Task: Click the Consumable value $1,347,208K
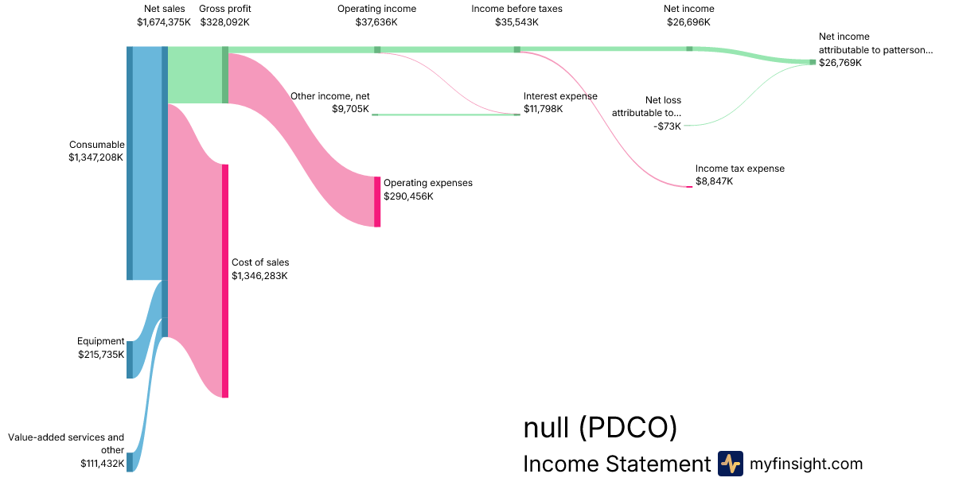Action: tap(96, 157)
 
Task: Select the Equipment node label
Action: tap(101, 341)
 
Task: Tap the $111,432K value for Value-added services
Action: tap(102, 463)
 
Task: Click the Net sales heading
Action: tap(164, 9)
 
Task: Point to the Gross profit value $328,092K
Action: tap(225, 22)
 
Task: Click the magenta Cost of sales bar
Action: tap(225, 280)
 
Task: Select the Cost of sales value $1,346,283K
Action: tap(259, 275)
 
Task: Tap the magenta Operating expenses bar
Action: tap(377, 201)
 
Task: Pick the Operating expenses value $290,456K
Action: tap(408, 196)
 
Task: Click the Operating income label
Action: tap(376, 9)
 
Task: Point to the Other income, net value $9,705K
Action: tap(350, 109)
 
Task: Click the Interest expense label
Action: tap(560, 96)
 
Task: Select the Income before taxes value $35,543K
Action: tap(516, 22)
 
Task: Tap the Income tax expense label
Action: tap(740, 169)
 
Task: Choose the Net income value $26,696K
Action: tap(689, 22)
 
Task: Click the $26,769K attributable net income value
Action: tap(840, 62)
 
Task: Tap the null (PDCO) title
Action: tap(600, 428)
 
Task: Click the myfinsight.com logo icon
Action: tap(730, 464)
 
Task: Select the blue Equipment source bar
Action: tap(130, 359)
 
